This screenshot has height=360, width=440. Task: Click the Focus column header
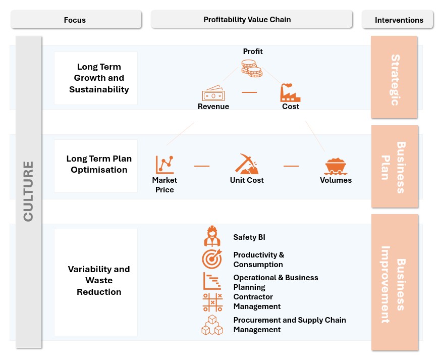coord(75,20)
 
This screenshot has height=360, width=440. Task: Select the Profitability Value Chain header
coord(247,20)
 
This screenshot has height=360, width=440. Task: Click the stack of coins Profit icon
coord(251,68)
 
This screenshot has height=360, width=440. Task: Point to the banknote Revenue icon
coord(213,94)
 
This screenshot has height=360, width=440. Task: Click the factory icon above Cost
coord(290,93)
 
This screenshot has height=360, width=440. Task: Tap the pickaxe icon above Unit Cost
coord(246,165)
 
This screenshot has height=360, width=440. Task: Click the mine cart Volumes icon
coord(336,166)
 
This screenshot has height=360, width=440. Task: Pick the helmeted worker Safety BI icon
coord(212,236)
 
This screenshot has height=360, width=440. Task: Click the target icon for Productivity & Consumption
coord(212,259)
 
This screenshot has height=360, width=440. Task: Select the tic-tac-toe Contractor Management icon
coord(212,302)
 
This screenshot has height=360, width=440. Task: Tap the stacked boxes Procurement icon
coord(212,325)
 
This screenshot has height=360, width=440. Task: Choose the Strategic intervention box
coord(394,77)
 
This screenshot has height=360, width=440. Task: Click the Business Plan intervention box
coord(394,167)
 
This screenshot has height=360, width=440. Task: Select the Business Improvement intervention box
coord(394,283)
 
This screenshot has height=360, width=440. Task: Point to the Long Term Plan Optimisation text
coord(99,164)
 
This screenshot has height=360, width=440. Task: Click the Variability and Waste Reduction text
coord(99,280)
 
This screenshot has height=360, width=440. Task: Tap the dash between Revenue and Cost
coord(249,92)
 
